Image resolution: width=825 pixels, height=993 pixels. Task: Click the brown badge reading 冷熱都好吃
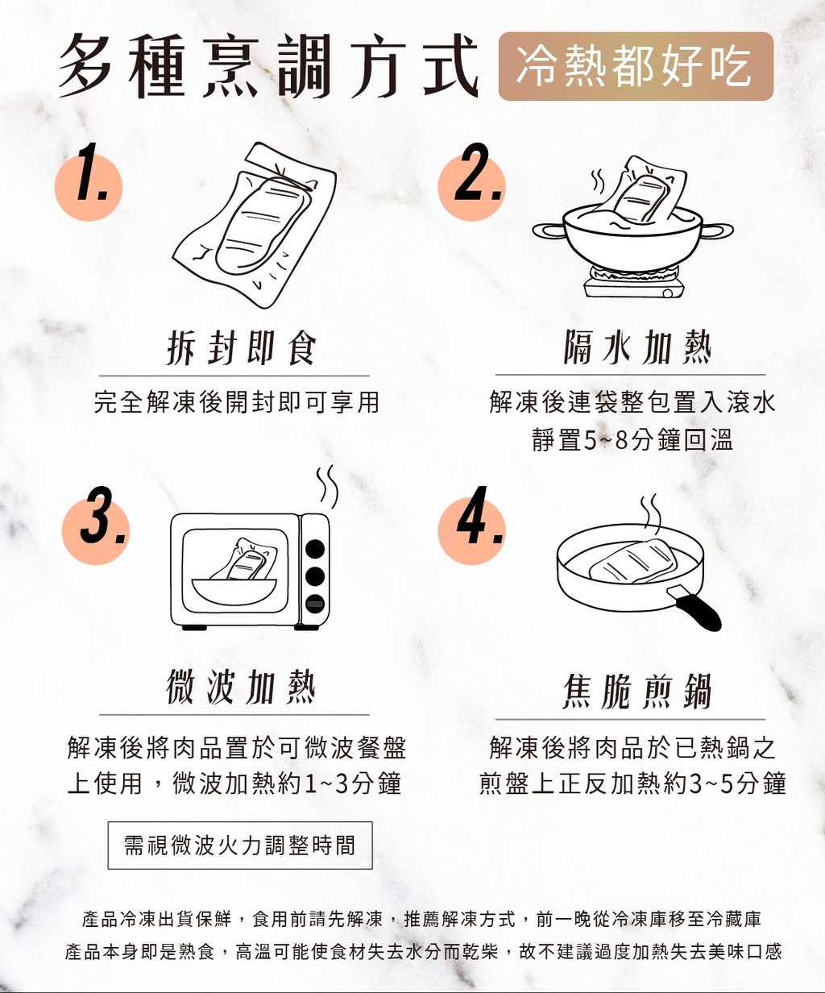(x=636, y=66)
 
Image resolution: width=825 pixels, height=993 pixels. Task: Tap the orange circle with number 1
(x=89, y=187)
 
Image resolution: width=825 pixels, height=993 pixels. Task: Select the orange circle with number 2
(x=471, y=187)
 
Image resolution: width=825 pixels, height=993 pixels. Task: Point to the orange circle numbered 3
(x=96, y=530)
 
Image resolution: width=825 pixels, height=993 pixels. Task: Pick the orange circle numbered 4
(x=471, y=530)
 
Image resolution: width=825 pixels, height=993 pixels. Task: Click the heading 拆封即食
(x=242, y=347)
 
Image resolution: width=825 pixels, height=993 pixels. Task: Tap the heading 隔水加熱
(x=637, y=347)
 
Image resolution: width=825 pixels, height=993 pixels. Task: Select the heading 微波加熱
(x=241, y=687)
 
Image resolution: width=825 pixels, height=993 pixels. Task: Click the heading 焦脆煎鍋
(x=637, y=692)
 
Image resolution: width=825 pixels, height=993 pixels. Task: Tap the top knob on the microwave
(x=315, y=549)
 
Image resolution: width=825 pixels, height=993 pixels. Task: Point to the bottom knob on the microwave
(x=315, y=604)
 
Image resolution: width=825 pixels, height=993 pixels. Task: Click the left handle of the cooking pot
(x=549, y=231)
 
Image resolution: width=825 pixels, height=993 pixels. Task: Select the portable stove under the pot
(x=633, y=282)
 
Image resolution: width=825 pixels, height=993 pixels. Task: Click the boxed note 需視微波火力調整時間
(x=240, y=846)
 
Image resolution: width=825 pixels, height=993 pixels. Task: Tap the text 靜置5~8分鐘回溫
(x=632, y=439)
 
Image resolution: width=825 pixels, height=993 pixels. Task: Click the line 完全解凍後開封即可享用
(x=236, y=402)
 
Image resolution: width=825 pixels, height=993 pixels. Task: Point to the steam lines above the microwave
(x=327, y=487)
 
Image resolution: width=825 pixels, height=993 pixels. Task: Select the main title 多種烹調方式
(x=268, y=66)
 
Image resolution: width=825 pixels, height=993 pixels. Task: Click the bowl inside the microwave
(x=234, y=592)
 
